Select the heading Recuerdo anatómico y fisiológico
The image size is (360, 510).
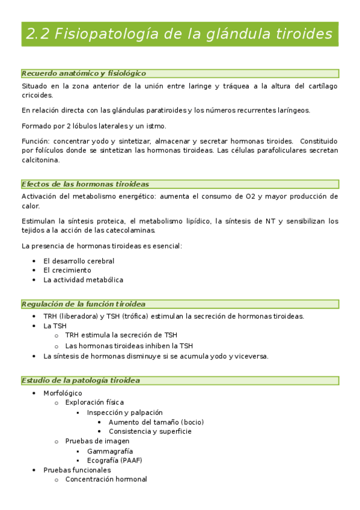coord(84,73)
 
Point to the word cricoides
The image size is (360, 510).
coord(37,95)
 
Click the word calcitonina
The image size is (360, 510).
coord(41,160)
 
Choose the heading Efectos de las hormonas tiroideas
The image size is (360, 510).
coord(85,184)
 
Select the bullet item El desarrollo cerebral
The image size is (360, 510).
coord(79,261)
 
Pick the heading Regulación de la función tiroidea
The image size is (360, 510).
coord(84,304)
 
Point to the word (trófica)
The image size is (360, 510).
coord(135,316)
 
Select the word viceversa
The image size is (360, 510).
coord(249,355)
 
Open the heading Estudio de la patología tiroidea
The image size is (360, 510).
coord(81,381)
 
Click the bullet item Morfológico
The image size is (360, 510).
coord(63,393)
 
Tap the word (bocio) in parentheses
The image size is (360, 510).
coord(192,422)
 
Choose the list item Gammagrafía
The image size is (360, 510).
coord(110,450)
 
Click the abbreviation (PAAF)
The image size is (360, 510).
coord(130,460)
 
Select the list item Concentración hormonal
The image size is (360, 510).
coord(106,479)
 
